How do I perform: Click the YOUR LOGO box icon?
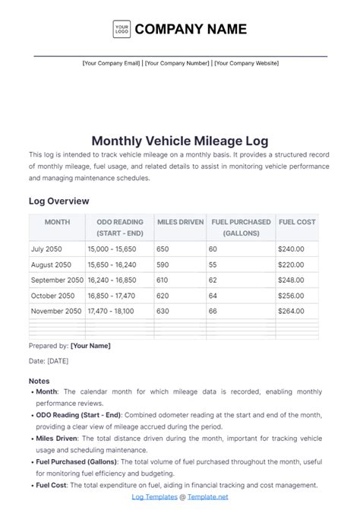[121, 30]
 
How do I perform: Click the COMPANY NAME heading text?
[191, 30]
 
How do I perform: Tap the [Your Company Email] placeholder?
[112, 63]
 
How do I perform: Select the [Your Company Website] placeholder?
[246, 63]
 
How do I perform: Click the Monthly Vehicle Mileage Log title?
[180, 141]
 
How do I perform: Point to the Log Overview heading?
[59, 201]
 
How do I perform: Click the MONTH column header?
[57, 222]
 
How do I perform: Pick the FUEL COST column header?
[297, 222]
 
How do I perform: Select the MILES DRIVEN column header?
[180, 222]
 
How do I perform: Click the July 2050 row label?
[47, 249]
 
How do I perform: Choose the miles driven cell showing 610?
[163, 280]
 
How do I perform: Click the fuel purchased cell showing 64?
[213, 296]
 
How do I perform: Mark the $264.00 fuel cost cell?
[291, 311]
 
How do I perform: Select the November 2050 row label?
[56, 311]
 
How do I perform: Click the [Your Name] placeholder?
[90, 346]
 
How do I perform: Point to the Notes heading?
[39, 381]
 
